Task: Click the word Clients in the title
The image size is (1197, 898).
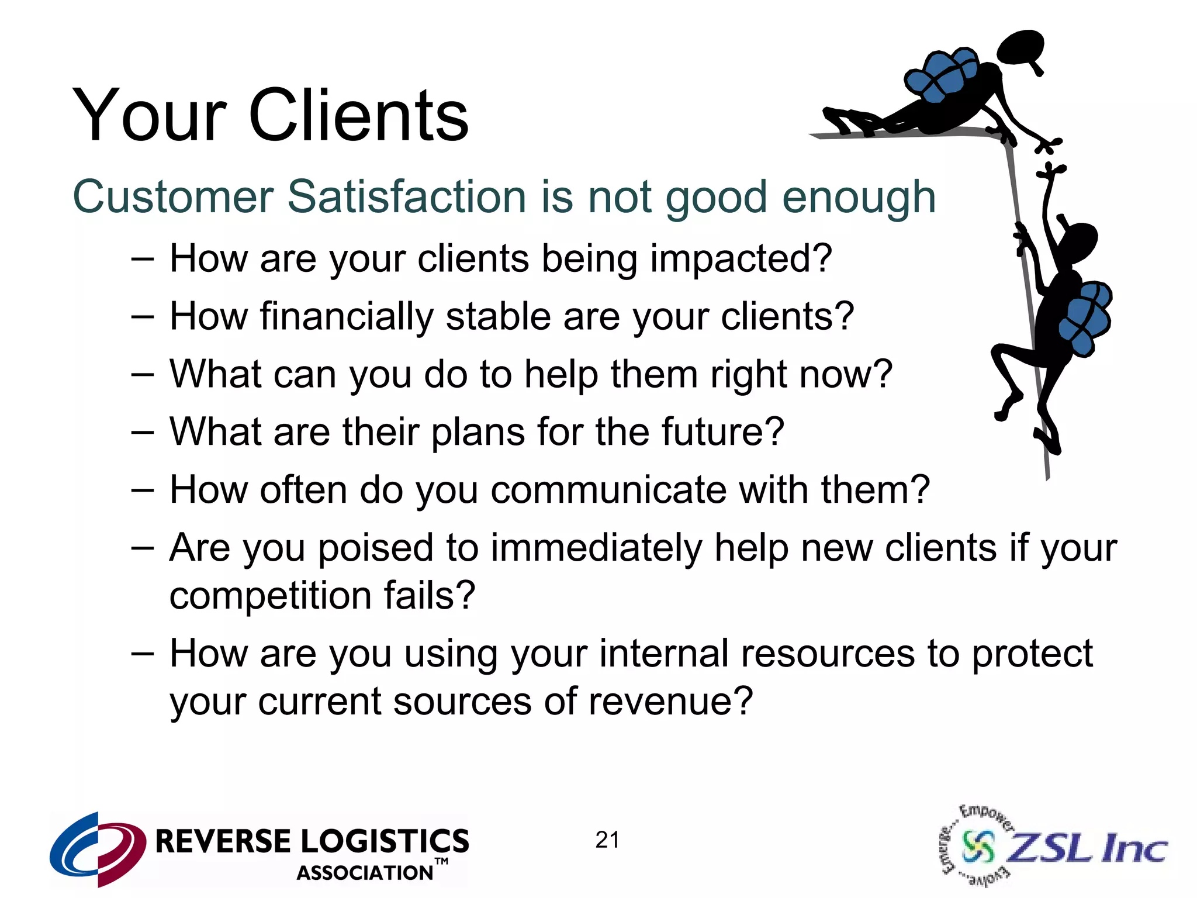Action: click(358, 115)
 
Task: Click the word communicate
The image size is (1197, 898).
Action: click(608, 489)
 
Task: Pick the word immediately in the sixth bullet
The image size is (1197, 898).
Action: click(596, 548)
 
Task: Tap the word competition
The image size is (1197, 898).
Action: click(270, 596)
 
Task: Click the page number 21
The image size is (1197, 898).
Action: click(607, 840)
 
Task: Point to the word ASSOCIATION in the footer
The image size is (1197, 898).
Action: click(365, 873)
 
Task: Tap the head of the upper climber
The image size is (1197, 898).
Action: click(1020, 46)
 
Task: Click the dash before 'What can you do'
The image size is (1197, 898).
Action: click(142, 374)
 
